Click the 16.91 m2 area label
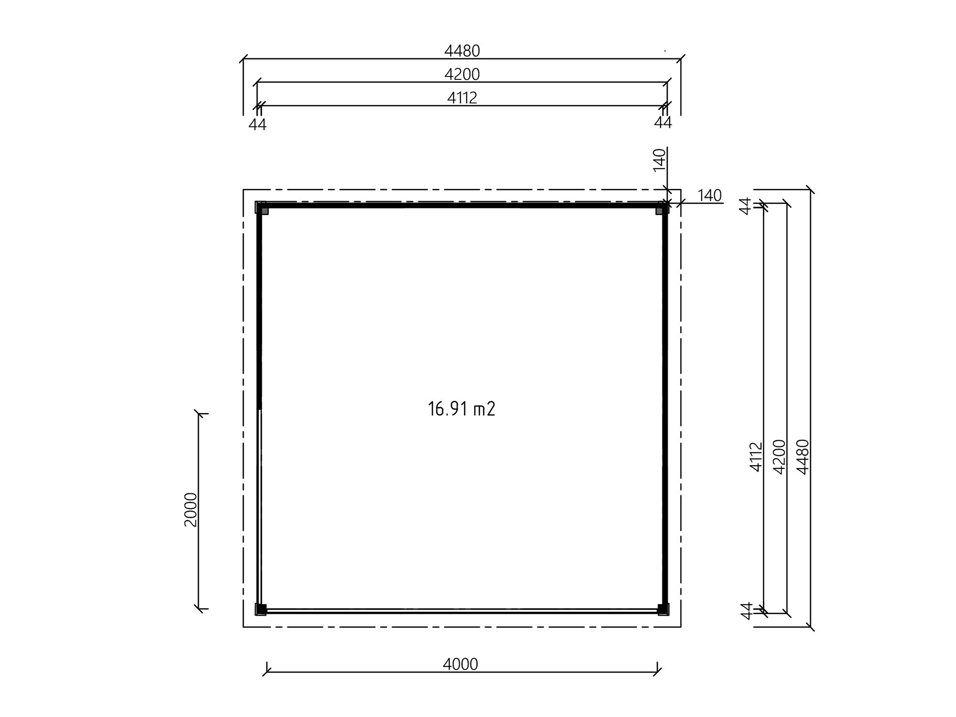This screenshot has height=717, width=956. [461, 409]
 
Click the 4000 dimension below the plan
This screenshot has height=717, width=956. [460, 664]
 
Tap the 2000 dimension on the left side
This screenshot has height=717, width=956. [191, 510]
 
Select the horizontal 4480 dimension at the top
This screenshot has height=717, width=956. [462, 51]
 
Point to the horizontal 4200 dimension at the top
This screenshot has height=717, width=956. [462, 75]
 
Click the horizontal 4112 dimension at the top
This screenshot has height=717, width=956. [462, 98]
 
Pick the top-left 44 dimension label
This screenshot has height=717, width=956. [258, 124]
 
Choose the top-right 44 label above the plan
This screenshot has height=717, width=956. [663, 123]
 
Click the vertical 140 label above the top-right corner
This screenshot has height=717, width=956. [659, 160]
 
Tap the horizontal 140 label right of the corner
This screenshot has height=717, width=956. [709, 196]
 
